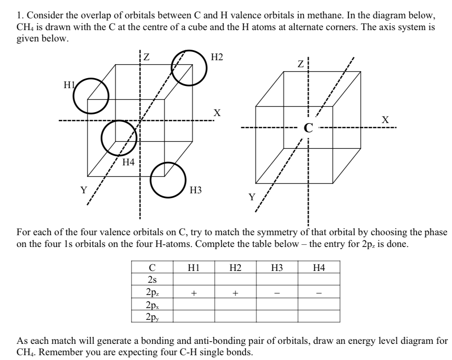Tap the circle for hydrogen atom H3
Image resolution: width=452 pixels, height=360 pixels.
pos(168,180)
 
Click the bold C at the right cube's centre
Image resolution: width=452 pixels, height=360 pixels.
pos(308,128)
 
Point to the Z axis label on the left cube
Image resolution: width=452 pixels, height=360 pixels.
pos(147,57)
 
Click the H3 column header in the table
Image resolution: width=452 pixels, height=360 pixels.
pos(277,267)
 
